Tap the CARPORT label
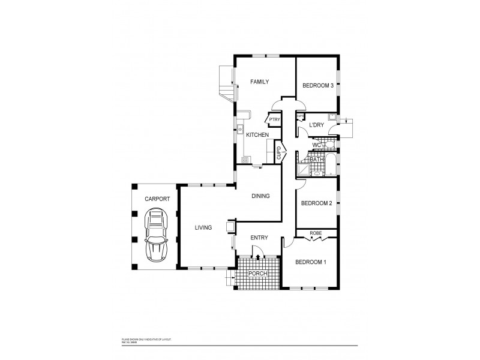[157, 198]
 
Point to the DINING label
[260, 196]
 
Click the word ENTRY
[259, 238]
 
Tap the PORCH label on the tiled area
[258, 273]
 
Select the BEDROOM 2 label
[316, 203]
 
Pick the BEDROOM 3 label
[317, 85]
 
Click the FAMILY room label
[260, 82]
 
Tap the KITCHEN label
[257, 134]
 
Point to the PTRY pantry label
[274, 119]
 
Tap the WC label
[316, 145]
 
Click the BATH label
[316, 159]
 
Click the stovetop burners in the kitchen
[245, 160]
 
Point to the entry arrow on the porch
[258, 257]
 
